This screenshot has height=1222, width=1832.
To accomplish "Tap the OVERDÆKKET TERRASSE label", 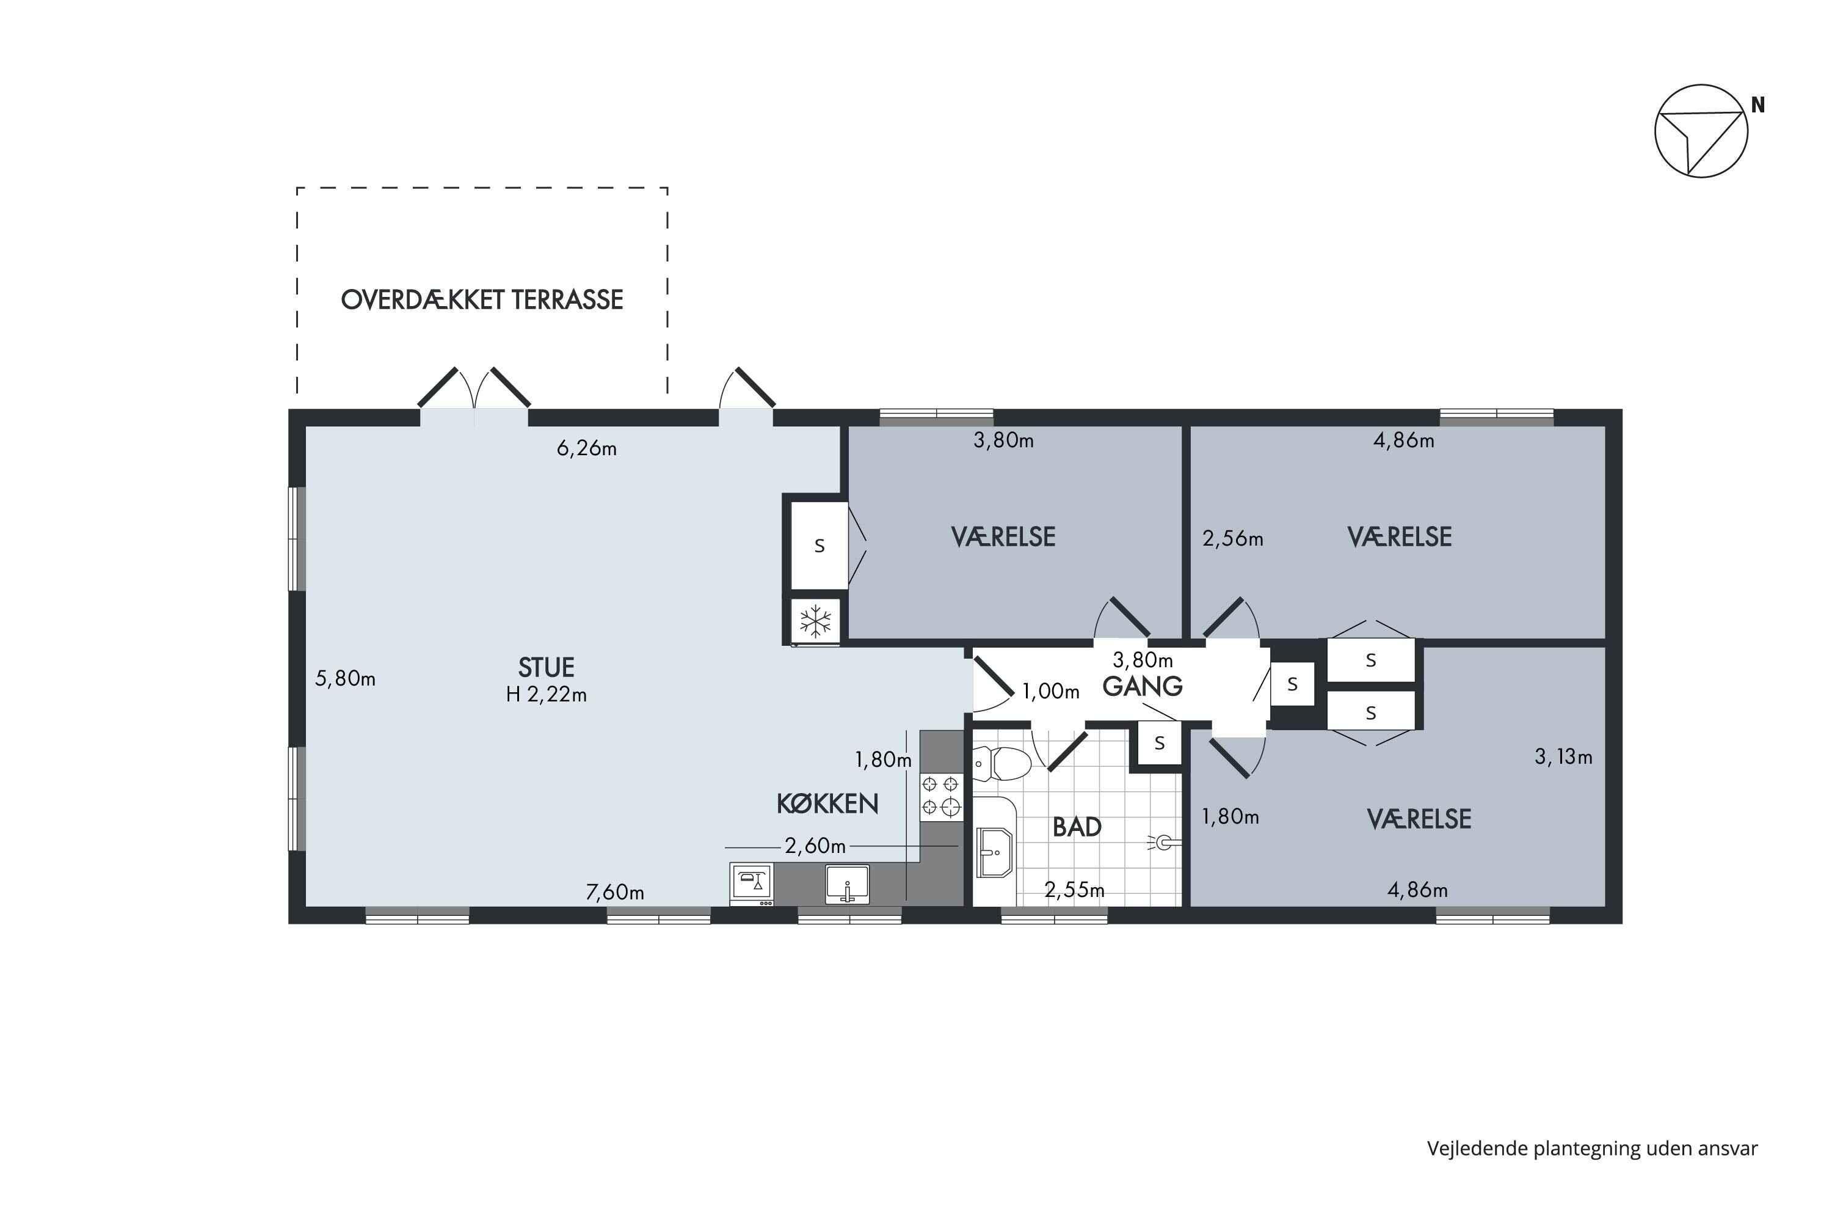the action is (482, 300).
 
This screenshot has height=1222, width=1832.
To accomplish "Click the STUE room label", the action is (546, 667).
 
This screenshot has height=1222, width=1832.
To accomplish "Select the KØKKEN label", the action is (827, 803).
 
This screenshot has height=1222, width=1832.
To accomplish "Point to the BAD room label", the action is (1077, 827).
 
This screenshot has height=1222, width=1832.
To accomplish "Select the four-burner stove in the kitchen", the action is (941, 796).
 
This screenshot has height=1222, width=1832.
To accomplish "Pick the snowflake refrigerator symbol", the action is (815, 622).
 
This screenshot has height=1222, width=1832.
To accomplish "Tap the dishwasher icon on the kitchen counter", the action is (752, 884).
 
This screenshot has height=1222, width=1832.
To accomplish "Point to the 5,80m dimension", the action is (345, 679).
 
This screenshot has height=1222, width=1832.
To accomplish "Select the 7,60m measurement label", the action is (614, 892).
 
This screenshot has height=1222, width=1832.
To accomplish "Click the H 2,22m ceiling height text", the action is (546, 694).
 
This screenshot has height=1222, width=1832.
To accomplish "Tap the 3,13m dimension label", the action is (1563, 757).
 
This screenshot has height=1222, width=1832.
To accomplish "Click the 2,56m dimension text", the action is (1233, 538).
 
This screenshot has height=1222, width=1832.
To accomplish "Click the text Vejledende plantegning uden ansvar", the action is (1592, 1149).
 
